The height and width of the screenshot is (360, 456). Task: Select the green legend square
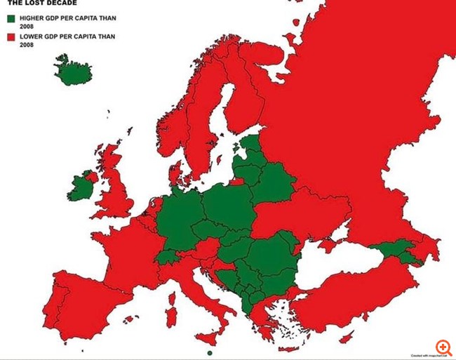(11, 18)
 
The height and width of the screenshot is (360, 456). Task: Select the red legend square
(11, 36)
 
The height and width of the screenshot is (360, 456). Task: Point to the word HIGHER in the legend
(31, 18)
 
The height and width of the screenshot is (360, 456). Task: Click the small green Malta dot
(210, 353)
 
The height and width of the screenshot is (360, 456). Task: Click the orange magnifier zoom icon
(443, 347)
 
